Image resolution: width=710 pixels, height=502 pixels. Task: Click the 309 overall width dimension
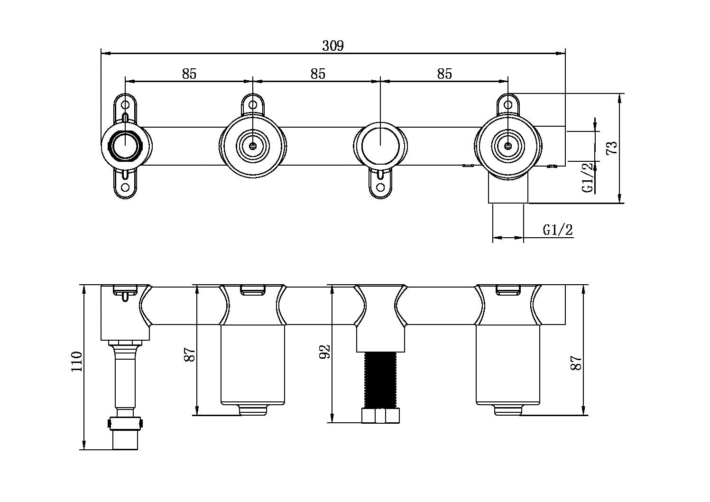[x=333, y=46]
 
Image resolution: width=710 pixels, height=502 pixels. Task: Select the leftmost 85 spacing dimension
[x=189, y=74]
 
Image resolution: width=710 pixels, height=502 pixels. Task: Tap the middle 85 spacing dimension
[x=318, y=74]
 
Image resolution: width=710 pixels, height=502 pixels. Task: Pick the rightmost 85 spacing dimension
[x=444, y=74]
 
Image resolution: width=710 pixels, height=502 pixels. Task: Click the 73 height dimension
[x=612, y=148]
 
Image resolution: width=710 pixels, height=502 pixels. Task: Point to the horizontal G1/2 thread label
[x=558, y=230]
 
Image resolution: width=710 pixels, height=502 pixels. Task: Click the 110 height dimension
[x=76, y=362]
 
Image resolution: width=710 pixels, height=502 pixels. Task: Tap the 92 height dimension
[x=324, y=352]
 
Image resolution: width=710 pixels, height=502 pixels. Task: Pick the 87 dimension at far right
[x=576, y=363]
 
